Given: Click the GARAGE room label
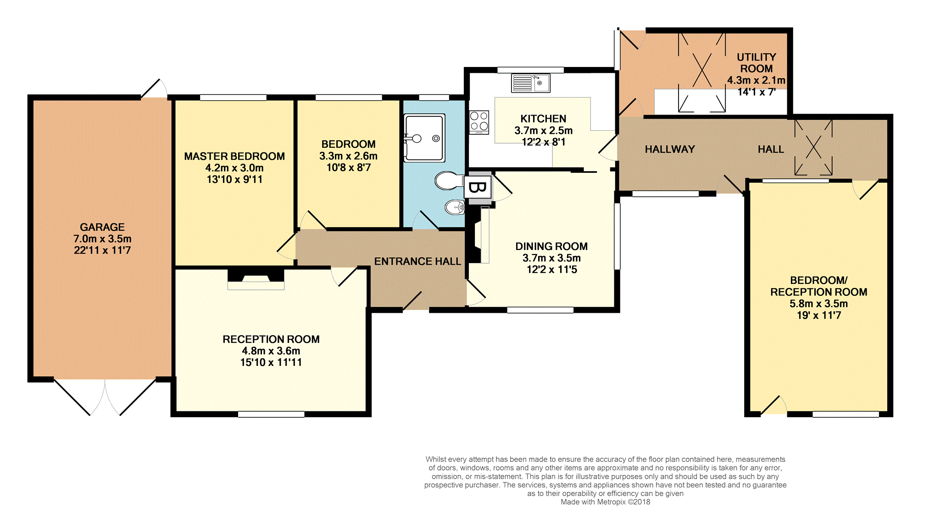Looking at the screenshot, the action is coord(102,227).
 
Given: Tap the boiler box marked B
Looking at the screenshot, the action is coord(478,188).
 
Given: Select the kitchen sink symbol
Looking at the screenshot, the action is coord(531,83).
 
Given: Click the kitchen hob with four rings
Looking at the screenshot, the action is coord(479,122).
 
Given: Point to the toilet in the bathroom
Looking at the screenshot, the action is coord(449,180).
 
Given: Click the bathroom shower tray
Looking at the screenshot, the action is coord(424,138).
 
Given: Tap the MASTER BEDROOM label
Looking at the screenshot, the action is coord(234,156).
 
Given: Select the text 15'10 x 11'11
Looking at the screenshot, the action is coord(271,362).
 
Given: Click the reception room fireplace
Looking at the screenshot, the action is coord(256,280).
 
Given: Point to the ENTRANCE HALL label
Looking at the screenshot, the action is coord(417,261).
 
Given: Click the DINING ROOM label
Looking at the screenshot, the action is coord(551,246).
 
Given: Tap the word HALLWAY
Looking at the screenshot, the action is coord(670,149).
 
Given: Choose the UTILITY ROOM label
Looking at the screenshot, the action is coord(757,63).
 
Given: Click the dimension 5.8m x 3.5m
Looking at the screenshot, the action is coord(819,304).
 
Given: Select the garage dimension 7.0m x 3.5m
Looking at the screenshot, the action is coord(102,239).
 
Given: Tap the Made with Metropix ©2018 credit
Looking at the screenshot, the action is coord(606,502).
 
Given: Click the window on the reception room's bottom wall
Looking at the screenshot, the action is coord(271,414).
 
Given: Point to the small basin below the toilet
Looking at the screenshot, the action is coord(455,207).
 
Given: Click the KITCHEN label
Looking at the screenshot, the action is coord(543,119).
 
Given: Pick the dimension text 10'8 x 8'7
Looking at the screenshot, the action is coord(349,167).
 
